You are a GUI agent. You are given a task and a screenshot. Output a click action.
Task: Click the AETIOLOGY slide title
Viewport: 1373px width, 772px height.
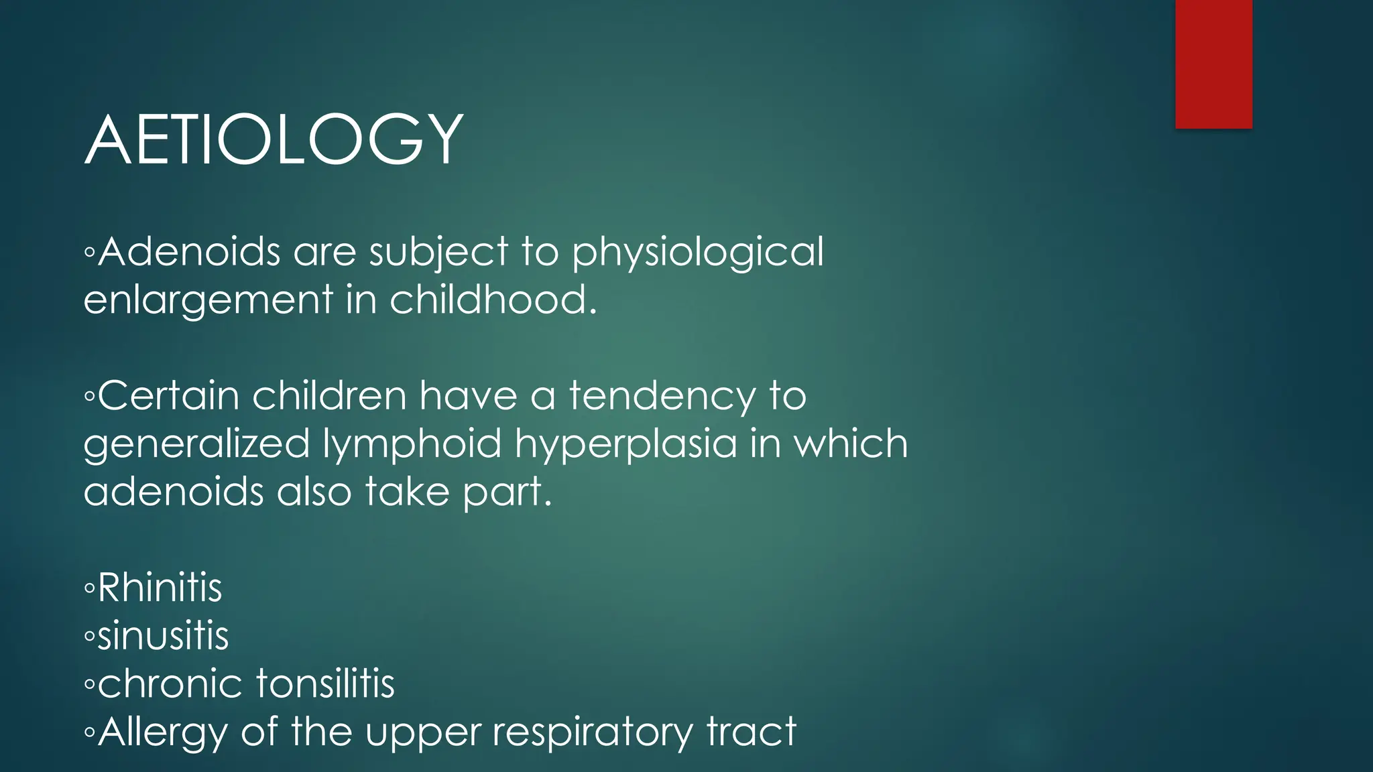[274, 139]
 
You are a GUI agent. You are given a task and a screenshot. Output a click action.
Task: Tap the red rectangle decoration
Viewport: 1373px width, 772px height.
[1213, 64]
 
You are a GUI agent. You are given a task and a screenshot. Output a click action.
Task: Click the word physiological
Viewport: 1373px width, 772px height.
[697, 253]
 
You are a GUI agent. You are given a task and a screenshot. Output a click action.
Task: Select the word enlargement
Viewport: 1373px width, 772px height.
[208, 300]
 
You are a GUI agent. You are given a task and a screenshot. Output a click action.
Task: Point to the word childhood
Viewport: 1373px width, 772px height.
[493, 299]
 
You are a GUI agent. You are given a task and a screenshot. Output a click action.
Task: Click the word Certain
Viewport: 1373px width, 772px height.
[169, 395]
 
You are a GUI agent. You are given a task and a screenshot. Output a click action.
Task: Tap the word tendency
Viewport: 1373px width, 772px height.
[662, 397]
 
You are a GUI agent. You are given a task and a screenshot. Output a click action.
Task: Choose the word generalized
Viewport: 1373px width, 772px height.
[196, 444]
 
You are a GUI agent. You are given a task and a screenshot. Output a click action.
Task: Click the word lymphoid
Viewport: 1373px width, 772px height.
[412, 444]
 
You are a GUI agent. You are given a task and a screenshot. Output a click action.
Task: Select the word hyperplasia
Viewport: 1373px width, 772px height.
[625, 444]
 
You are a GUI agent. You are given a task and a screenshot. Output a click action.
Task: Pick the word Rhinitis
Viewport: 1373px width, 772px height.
[160, 588]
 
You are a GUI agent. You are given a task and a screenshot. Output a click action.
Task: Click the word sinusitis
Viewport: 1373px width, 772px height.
[163, 635]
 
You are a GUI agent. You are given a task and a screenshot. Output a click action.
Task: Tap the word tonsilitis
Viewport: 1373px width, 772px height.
[325, 684]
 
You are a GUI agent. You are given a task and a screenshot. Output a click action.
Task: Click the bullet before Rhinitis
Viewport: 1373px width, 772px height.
[90, 589]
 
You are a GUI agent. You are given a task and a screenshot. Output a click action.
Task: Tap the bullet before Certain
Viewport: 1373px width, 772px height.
[90, 397]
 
